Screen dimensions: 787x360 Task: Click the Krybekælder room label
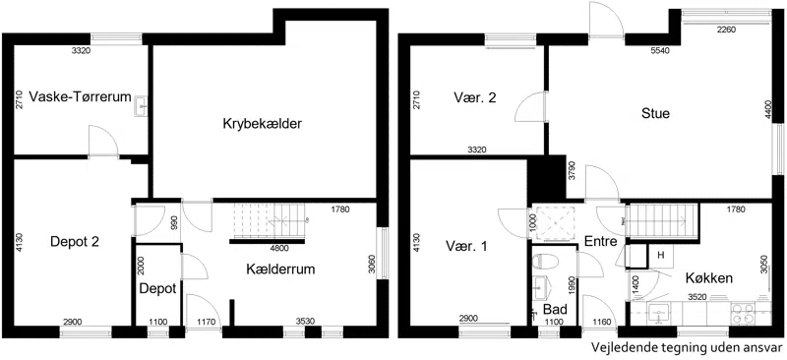tap(262, 124)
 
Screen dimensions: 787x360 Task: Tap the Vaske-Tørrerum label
tap(80, 96)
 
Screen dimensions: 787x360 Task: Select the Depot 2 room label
tap(75, 242)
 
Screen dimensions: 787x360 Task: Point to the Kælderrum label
tap(280, 270)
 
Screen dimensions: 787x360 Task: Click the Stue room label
tap(655, 113)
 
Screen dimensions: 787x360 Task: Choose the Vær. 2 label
tap(474, 97)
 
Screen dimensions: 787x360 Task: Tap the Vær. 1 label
tap(467, 246)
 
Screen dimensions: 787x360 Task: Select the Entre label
tap(601, 242)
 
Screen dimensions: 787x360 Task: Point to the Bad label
tap(555, 308)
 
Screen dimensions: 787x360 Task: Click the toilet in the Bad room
tap(546, 263)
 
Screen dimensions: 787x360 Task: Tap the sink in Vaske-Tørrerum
tap(141, 106)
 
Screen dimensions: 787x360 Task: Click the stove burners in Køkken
tap(743, 313)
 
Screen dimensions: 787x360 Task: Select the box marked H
tap(661, 256)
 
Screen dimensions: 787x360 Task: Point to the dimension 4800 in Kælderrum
tap(279, 248)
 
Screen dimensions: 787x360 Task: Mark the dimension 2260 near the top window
tap(726, 30)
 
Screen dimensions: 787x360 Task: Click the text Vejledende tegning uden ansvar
tap(687, 347)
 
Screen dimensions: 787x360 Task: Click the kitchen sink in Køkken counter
tap(658, 313)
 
